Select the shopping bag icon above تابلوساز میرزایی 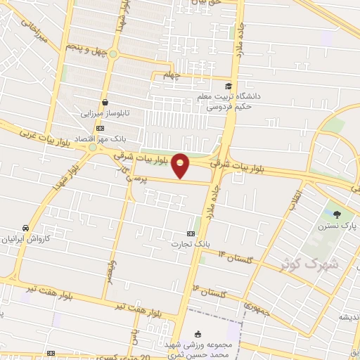pos(104,102)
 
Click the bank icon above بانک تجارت pos(190,233)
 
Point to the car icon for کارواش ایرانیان pos(25,228)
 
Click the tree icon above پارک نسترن pos(338,214)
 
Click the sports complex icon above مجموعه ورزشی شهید pos(198,334)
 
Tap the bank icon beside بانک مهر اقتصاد pos(99,128)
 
